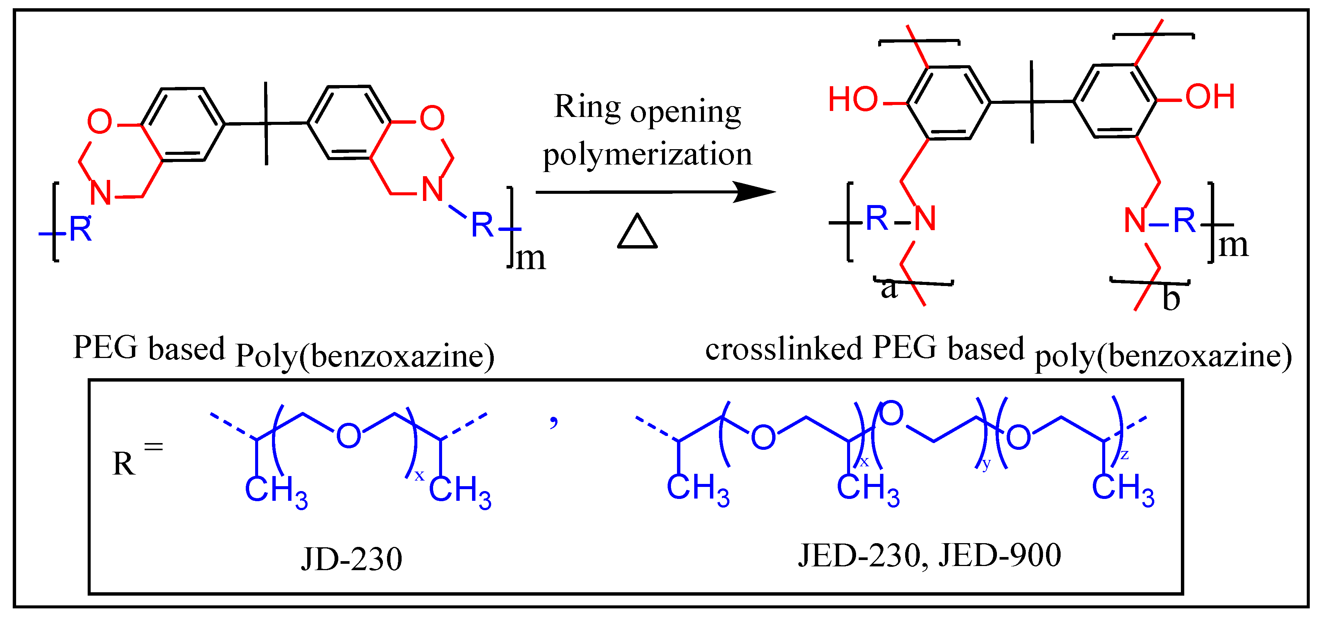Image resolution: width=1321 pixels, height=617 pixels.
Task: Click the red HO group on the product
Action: coord(853,99)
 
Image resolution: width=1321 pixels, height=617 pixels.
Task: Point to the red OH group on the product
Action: coord(1210,96)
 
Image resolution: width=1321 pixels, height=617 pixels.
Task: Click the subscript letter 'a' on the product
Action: coord(889,289)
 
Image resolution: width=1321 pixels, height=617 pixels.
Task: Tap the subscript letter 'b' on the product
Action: coord(1171,298)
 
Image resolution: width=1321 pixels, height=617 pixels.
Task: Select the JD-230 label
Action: coord(351,559)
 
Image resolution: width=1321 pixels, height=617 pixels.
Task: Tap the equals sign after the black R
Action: coord(153,447)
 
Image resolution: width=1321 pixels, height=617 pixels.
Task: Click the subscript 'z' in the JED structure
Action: coord(1124,454)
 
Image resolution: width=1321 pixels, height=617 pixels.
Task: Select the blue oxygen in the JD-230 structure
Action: coord(348,436)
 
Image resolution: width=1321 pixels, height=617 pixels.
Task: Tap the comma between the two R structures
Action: coord(553,422)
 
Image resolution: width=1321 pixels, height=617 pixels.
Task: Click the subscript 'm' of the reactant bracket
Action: coord(530,258)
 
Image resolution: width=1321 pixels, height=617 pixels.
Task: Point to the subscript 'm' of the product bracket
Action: coord(1233,246)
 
